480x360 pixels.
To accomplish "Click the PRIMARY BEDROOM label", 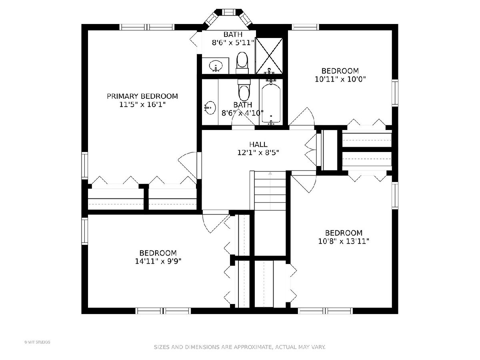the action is pyautogui.click(x=142, y=96).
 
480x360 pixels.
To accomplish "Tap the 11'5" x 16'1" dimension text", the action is pyautogui.click(x=142, y=104).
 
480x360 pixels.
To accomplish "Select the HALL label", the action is pyautogui.click(x=258, y=144).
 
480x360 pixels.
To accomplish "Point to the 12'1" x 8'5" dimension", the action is pyautogui.click(x=258, y=152).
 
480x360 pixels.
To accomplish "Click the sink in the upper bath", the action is pyautogui.click(x=216, y=65).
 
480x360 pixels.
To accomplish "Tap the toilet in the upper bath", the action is pyautogui.click(x=242, y=62).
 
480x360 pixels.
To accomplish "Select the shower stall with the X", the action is pyautogui.click(x=269, y=56).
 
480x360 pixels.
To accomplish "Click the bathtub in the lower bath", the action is pyautogui.click(x=271, y=103).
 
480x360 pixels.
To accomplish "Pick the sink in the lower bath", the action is pyautogui.click(x=210, y=108).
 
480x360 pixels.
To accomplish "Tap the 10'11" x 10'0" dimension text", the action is pyautogui.click(x=340, y=79).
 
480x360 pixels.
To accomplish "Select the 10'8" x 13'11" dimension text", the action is pyautogui.click(x=344, y=241).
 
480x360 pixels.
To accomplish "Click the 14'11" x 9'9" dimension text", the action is pyautogui.click(x=158, y=261).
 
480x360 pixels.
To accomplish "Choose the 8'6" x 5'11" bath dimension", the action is pyautogui.click(x=233, y=42).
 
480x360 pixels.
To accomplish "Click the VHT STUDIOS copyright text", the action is pyautogui.click(x=37, y=342).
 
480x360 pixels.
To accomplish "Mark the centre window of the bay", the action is pyautogui.click(x=229, y=12).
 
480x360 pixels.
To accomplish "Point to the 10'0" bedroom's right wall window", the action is pyautogui.click(x=395, y=93).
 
